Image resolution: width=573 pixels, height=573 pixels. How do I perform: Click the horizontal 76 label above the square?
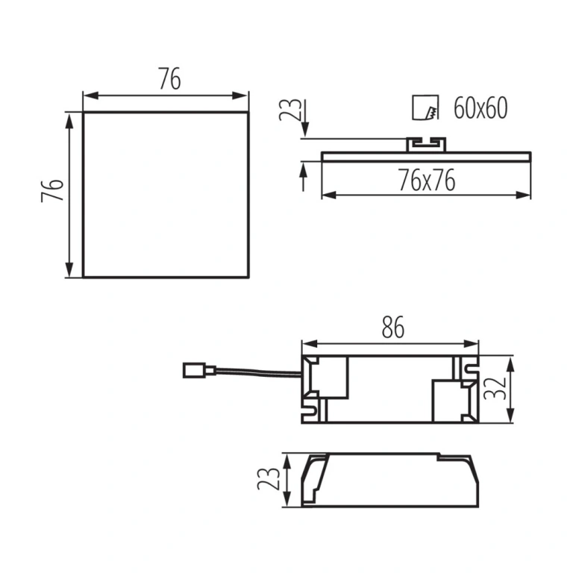(169, 78)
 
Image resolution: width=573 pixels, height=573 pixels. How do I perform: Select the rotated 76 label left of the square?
(52, 190)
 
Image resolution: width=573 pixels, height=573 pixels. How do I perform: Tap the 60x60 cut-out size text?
(480, 108)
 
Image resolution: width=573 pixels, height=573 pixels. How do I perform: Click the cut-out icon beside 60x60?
(425, 107)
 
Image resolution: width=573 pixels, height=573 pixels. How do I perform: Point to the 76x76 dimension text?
(427, 180)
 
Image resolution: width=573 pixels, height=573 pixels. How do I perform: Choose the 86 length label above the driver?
(393, 327)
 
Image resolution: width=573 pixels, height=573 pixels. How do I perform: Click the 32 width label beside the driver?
(495, 389)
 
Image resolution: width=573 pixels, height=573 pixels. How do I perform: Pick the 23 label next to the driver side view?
(269, 479)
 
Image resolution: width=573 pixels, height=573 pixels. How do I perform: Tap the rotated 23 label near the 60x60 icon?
(290, 110)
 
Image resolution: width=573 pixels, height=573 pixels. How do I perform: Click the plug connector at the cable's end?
(198, 371)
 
